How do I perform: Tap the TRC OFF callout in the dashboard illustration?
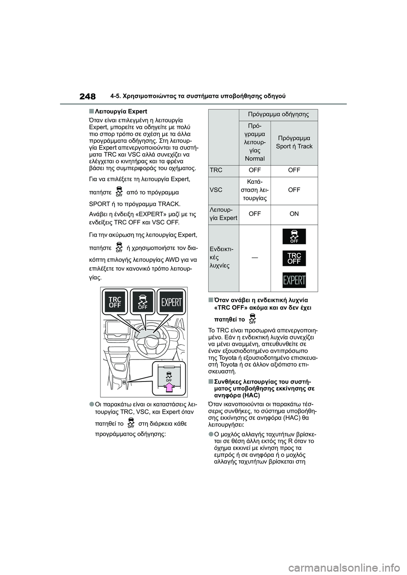(115, 302)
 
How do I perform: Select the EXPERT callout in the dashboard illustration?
(171, 302)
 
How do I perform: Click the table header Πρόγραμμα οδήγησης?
(278, 114)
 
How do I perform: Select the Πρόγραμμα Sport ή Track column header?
(294, 142)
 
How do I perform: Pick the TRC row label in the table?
(216, 170)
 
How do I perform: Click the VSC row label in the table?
(216, 190)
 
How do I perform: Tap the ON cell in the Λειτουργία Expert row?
(294, 214)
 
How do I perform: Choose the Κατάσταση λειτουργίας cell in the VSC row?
(254, 190)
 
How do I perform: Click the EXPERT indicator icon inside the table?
(294, 280)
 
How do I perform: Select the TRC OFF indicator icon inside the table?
(294, 258)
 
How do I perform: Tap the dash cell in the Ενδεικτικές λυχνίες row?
(254, 257)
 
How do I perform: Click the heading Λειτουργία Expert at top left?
(120, 112)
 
